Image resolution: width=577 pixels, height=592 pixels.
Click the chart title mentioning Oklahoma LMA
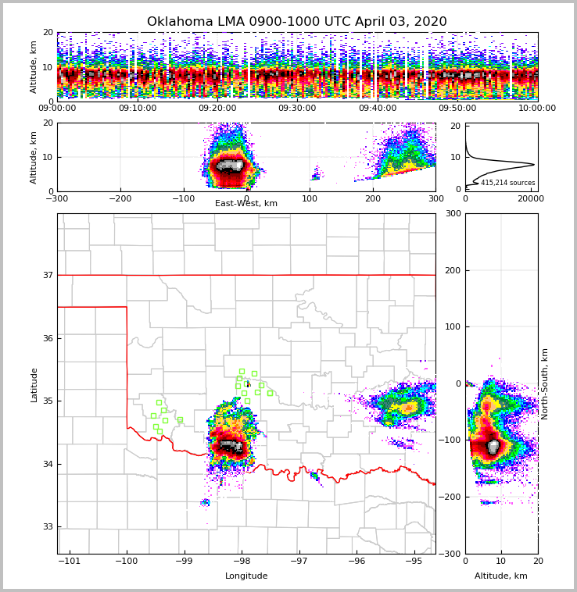click(297, 22)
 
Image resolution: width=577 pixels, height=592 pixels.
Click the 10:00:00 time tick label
click(537, 109)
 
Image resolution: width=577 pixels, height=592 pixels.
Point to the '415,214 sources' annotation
click(507, 183)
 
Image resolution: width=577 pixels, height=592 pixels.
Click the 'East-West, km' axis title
click(246, 204)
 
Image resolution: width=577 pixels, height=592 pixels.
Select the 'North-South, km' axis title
click(545, 383)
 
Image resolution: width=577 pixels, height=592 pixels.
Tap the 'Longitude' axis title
click(246, 576)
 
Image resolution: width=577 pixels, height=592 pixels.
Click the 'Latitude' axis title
click(34, 384)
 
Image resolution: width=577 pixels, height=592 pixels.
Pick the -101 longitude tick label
click(70, 561)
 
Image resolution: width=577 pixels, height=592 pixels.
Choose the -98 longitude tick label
click(242, 561)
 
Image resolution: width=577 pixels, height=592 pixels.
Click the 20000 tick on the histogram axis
click(531, 199)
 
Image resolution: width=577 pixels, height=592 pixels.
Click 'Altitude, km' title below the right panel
click(501, 576)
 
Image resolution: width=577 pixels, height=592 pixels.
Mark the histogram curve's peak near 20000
click(534, 164)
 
